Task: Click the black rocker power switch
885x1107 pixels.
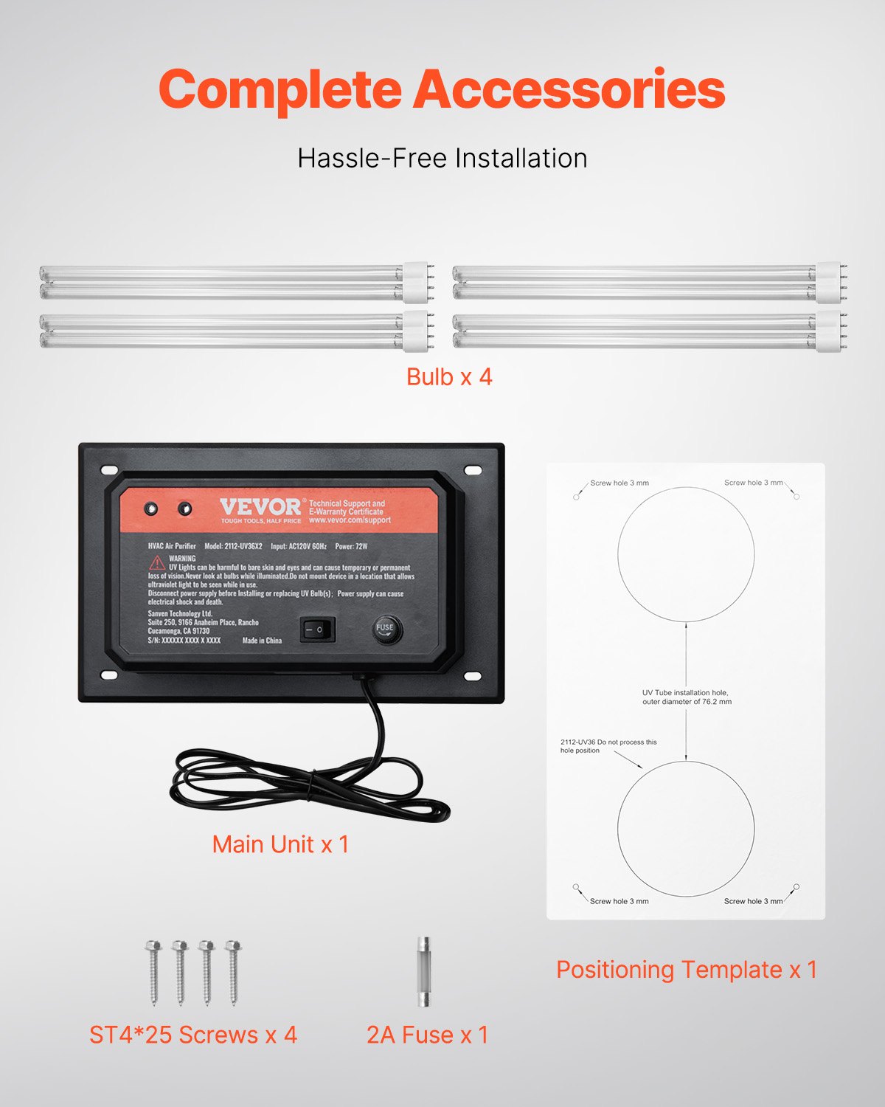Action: click(x=317, y=630)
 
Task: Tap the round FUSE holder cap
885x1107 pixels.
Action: click(x=386, y=629)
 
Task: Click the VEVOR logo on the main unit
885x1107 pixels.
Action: click(x=260, y=507)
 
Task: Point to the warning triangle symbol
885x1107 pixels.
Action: click(x=157, y=562)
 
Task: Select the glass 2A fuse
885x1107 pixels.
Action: click(x=423, y=972)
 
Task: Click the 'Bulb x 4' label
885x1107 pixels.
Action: click(x=449, y=377)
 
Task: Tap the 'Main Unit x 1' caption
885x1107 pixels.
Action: click(x=280, y=844)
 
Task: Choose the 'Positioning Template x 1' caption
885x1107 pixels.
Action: click(x=687, y=970)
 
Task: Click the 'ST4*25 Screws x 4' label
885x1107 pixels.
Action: click(x=193, y=1035)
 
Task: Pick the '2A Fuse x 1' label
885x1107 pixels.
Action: click(x=428, y=1035)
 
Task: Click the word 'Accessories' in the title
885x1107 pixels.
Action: click(x=569, y=90)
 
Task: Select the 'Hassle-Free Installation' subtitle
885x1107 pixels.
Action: click(x=442, y=158)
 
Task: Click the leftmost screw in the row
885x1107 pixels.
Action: click(x=153, y=971)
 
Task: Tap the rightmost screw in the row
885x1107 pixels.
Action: click(x=233, y=971)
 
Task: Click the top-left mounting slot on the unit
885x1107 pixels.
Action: click(x=109, y=470)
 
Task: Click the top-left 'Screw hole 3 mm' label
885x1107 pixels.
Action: click(x=619, y=483)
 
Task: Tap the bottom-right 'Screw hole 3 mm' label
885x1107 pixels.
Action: click(x=753, y=901)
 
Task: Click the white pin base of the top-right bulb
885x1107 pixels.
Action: click(x=829, y=283)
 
